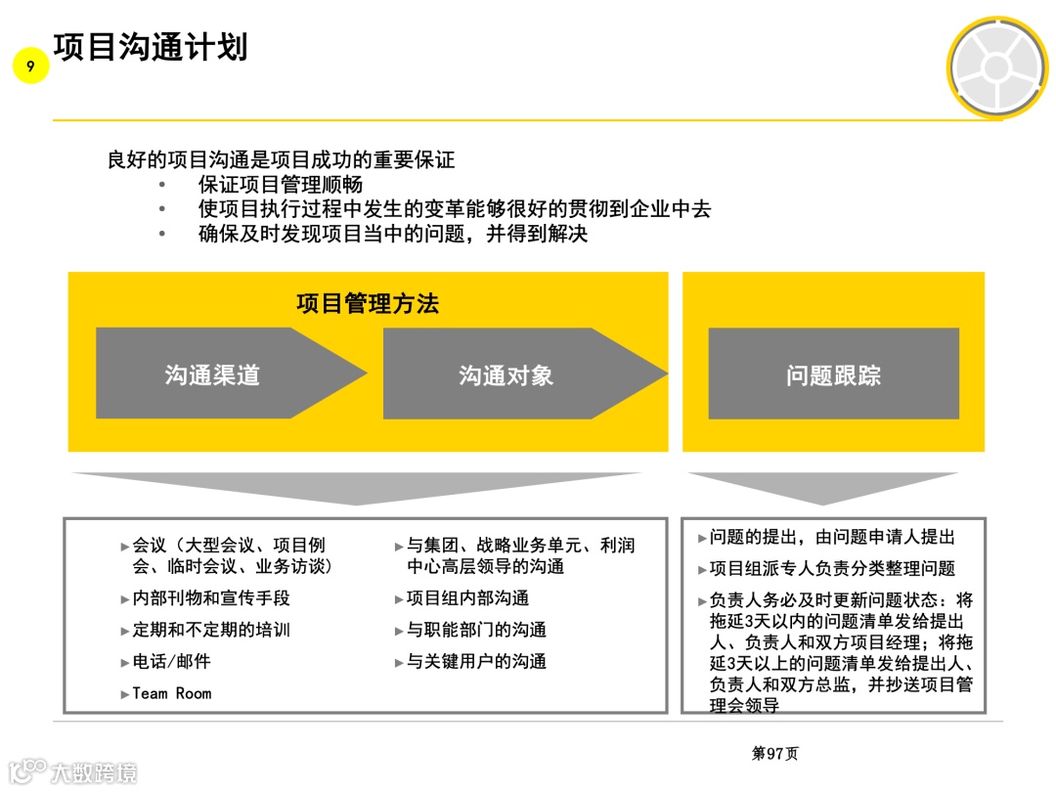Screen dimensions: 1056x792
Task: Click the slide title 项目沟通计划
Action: point(151,46)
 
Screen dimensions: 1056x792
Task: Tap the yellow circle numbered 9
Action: point(31,66)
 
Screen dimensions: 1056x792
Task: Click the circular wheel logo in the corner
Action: point(996,66)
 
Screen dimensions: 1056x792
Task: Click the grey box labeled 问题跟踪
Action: point(833,374)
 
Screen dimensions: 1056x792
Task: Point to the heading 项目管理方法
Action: point(368,303)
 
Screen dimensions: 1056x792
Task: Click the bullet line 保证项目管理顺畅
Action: point(281,185)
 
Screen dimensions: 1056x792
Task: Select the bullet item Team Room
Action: point(172,693)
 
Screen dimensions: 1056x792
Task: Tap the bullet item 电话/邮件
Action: point(172,662)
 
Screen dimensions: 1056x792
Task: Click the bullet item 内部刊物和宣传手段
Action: point(211,598)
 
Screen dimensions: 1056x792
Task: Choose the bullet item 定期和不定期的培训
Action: point(211,630)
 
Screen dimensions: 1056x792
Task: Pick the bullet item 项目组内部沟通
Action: point(467,598)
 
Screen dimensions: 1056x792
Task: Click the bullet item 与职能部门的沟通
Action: point(476,630)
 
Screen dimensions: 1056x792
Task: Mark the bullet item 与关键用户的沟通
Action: point(476,662)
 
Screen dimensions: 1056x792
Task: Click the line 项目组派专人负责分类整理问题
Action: point(832,569)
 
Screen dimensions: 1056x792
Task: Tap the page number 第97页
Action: point(774,754)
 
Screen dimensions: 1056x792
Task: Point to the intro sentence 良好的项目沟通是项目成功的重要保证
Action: point(281,159)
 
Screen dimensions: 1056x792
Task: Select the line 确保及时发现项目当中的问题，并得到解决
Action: point(393,235)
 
